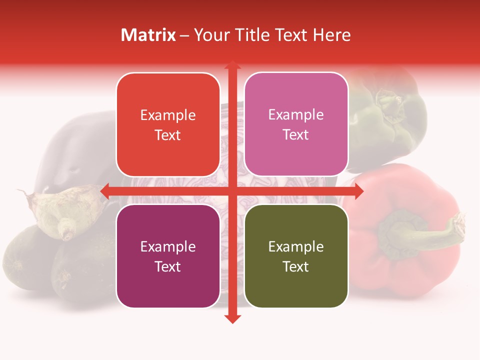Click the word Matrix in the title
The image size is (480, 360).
[x=148, y=35]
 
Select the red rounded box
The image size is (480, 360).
[x=168, y=124]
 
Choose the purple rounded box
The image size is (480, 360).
[x=168, y=256]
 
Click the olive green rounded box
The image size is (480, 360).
[x=296, y=256]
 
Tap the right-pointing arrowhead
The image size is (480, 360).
[x=357, y=191]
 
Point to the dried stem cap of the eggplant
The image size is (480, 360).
[x=65, y=210]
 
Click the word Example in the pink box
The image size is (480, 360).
[x=296, y=114]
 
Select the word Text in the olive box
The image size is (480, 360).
[x=296, y=266]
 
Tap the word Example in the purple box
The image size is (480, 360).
[x=168, y=246]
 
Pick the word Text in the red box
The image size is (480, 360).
[x=168, y=135]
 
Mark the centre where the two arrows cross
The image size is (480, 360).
[x=232, y=191]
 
